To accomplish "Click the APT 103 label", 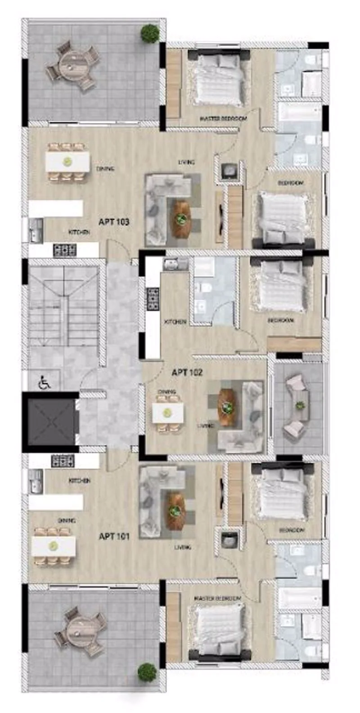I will click(x=113, y=222).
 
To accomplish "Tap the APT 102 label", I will click(x=187, y=372).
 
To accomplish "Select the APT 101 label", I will click(x=114, y=536).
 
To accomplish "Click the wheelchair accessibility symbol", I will click(x=44, y=383).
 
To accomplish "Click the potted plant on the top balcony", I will click(x=149, y=33).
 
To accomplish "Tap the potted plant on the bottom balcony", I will click(x=147, y=673).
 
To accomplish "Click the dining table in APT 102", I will click(x=167, y=413).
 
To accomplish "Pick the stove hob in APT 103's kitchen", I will click(x=64, y=250).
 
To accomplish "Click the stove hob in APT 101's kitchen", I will click(x=63, y=460).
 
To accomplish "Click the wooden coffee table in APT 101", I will click(x=175, y=511).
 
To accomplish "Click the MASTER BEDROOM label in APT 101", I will click(x=217, y=598).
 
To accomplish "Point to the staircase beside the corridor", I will click(x=63, y=306).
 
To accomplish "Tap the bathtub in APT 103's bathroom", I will click(x=299, y=112).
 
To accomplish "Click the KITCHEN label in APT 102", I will click(x=175, y=322).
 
